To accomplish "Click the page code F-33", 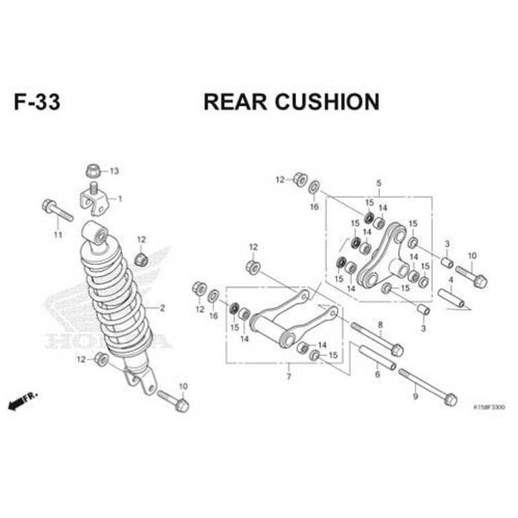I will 36,102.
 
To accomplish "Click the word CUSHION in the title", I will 320,102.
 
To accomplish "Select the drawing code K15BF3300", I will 489,407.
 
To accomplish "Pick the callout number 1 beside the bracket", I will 120,198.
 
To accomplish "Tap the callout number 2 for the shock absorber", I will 163,308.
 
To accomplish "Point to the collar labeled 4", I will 450,297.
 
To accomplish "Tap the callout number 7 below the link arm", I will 288,376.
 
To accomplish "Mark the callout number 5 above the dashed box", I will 379,183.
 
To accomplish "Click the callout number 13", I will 114,171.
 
